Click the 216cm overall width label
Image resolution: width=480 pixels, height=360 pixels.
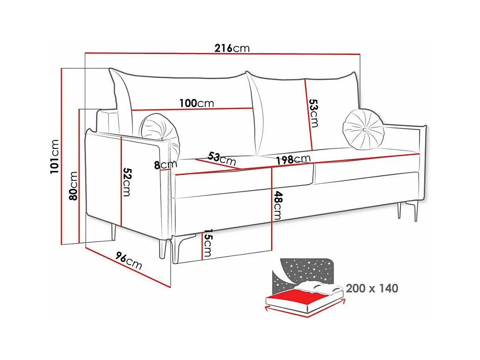click(232, 48)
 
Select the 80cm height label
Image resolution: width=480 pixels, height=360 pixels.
click(73, 186)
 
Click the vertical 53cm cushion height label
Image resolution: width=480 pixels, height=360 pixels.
click(314, 113)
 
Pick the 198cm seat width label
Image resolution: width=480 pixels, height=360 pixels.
click(293, 160)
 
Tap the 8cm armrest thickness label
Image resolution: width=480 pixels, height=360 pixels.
click(165, 164)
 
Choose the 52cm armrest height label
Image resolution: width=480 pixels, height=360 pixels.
click(126, 182)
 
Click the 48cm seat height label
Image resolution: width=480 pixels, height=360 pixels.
click(278, 205)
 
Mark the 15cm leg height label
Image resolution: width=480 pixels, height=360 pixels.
click(207, 243)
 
